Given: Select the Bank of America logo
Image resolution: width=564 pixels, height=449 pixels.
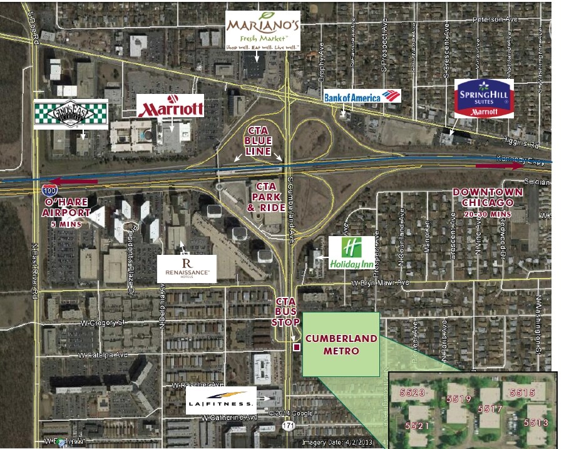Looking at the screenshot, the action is [x=362, y=96].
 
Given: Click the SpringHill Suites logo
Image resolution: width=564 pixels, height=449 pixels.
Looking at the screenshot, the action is [x=484, y=98].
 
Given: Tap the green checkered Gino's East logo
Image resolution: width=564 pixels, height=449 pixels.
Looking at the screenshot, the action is [x=71, y=115].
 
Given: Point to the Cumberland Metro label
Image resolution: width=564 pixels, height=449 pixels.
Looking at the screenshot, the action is [x=341, y=345].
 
